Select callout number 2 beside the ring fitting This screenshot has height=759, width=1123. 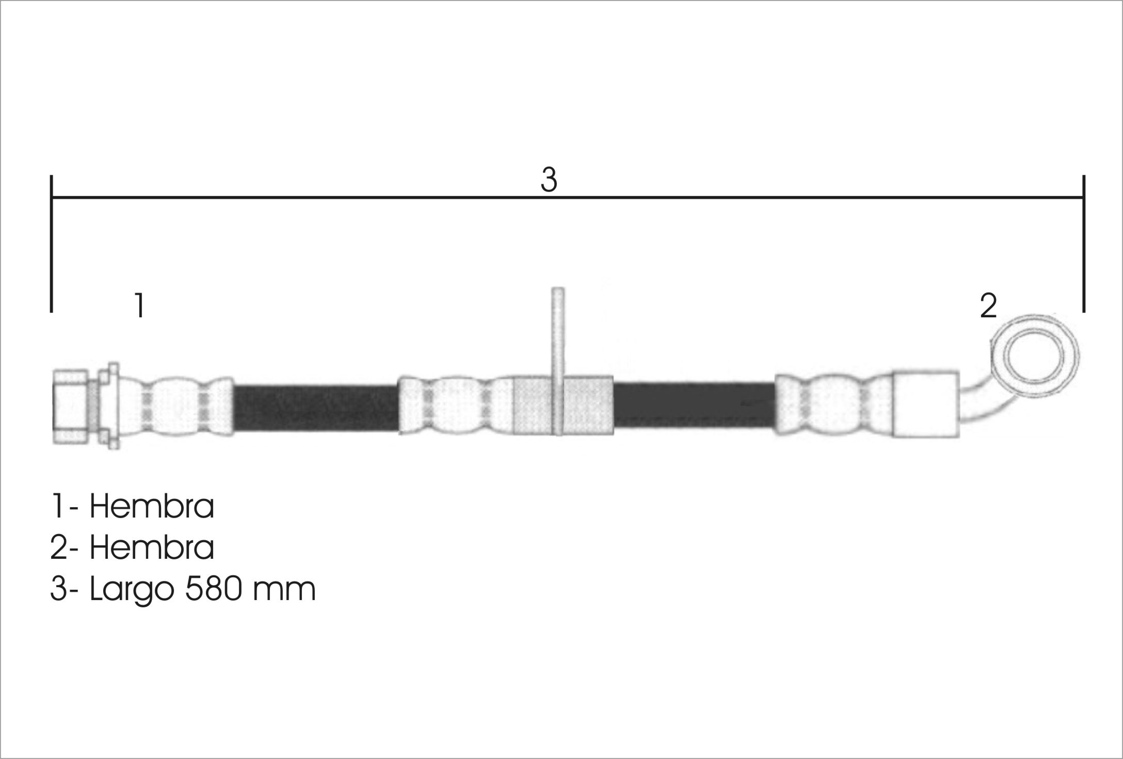988,306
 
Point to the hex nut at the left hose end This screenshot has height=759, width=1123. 71,406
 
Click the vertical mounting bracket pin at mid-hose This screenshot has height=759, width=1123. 557,361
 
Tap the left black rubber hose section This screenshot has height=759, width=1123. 316,408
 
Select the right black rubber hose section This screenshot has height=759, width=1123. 694,406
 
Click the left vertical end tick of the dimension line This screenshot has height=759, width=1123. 51,244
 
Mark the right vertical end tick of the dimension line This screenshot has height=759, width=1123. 1083,244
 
